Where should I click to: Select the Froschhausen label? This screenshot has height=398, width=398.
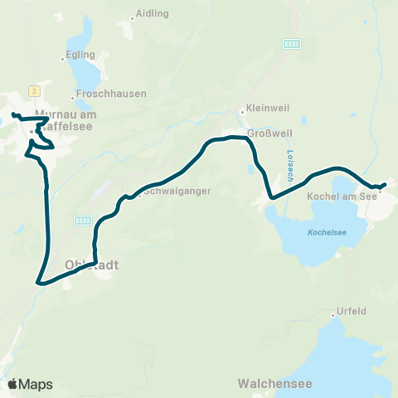click(104, 95)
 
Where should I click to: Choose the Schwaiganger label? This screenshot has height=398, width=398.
click(177, 191)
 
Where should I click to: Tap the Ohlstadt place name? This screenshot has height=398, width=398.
click(91, 265)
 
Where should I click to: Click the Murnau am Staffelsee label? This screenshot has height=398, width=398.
click(68, 124)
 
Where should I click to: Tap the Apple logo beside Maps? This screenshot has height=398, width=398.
click(12, 384)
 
